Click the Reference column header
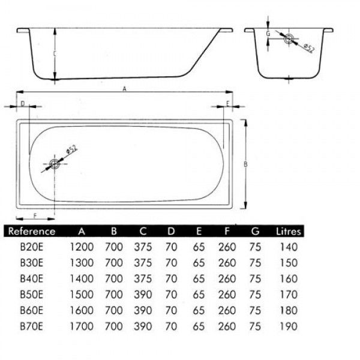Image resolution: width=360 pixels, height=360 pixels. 32,231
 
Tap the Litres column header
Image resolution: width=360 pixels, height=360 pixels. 289,231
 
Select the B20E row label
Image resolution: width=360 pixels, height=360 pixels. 31,247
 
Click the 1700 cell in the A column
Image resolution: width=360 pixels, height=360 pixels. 82,326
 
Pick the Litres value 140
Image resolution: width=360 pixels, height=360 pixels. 289,247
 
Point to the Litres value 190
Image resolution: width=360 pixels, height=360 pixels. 289,326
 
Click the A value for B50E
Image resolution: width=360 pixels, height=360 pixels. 82,295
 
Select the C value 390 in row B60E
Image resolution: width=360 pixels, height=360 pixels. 143,310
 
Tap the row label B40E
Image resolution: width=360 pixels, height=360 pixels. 31,279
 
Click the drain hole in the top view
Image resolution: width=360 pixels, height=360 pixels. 55,164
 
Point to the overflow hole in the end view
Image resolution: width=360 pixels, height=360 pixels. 289,39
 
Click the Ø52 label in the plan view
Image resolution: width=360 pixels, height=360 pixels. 71,149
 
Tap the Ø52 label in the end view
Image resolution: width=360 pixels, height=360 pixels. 309,48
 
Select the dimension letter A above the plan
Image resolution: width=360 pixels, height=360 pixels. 124,89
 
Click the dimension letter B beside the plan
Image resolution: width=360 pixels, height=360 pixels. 245,164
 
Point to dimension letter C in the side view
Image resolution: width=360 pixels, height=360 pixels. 55,54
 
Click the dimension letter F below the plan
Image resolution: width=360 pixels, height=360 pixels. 35,216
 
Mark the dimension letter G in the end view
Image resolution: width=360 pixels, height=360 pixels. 268,34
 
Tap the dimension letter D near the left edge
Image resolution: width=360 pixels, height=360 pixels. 23,104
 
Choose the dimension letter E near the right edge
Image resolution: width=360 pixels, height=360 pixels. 228,104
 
